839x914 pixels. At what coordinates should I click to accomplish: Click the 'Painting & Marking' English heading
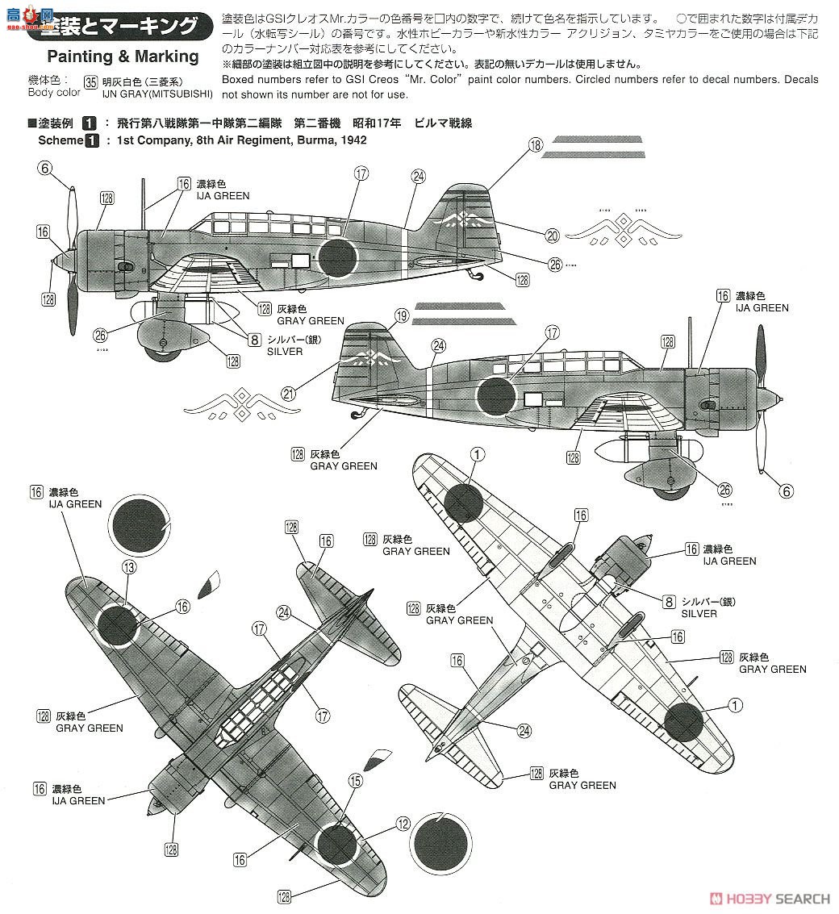[x=122, y=56]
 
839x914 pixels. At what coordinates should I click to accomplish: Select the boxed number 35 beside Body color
[x=90, y=81]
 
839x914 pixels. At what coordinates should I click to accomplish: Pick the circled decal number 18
[x=536, y=146]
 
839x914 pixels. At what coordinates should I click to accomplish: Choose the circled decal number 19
[x=402, y=316]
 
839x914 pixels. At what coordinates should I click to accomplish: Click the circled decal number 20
[x=552, y=236]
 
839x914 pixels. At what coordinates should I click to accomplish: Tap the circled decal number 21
[x=289, y=393]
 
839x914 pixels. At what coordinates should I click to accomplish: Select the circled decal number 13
[x=129, y=567]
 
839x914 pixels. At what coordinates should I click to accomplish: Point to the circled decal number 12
[x=402, y=824]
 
